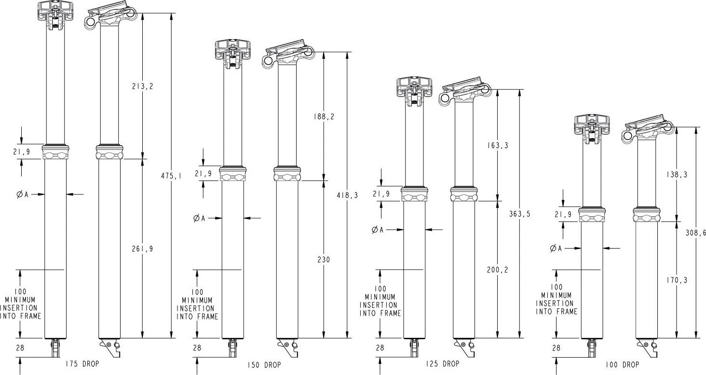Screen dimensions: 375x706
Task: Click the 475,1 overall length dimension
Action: (x=171, y=176)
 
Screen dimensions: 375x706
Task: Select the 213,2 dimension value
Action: (x=142, y=86)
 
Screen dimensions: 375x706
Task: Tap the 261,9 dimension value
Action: (x=142, y=249)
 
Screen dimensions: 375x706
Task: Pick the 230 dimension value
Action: (x=324, y=260)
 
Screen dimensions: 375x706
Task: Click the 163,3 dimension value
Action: (x=498, y=145)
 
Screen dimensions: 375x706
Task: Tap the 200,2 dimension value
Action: (x=498, y=270)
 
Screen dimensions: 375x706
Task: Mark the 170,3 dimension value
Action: (x=677, y=279)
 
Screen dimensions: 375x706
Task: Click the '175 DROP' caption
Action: (x=81, y=363)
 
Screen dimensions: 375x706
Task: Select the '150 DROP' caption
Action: (x=263, y=365)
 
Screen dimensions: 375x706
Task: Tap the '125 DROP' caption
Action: (x=443, y=363)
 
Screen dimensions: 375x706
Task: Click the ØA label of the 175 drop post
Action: (x=23, y=194)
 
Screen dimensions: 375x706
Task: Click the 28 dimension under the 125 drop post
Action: (x=380, y=347)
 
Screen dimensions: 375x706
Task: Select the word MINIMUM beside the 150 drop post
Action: (x=197, y=300)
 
